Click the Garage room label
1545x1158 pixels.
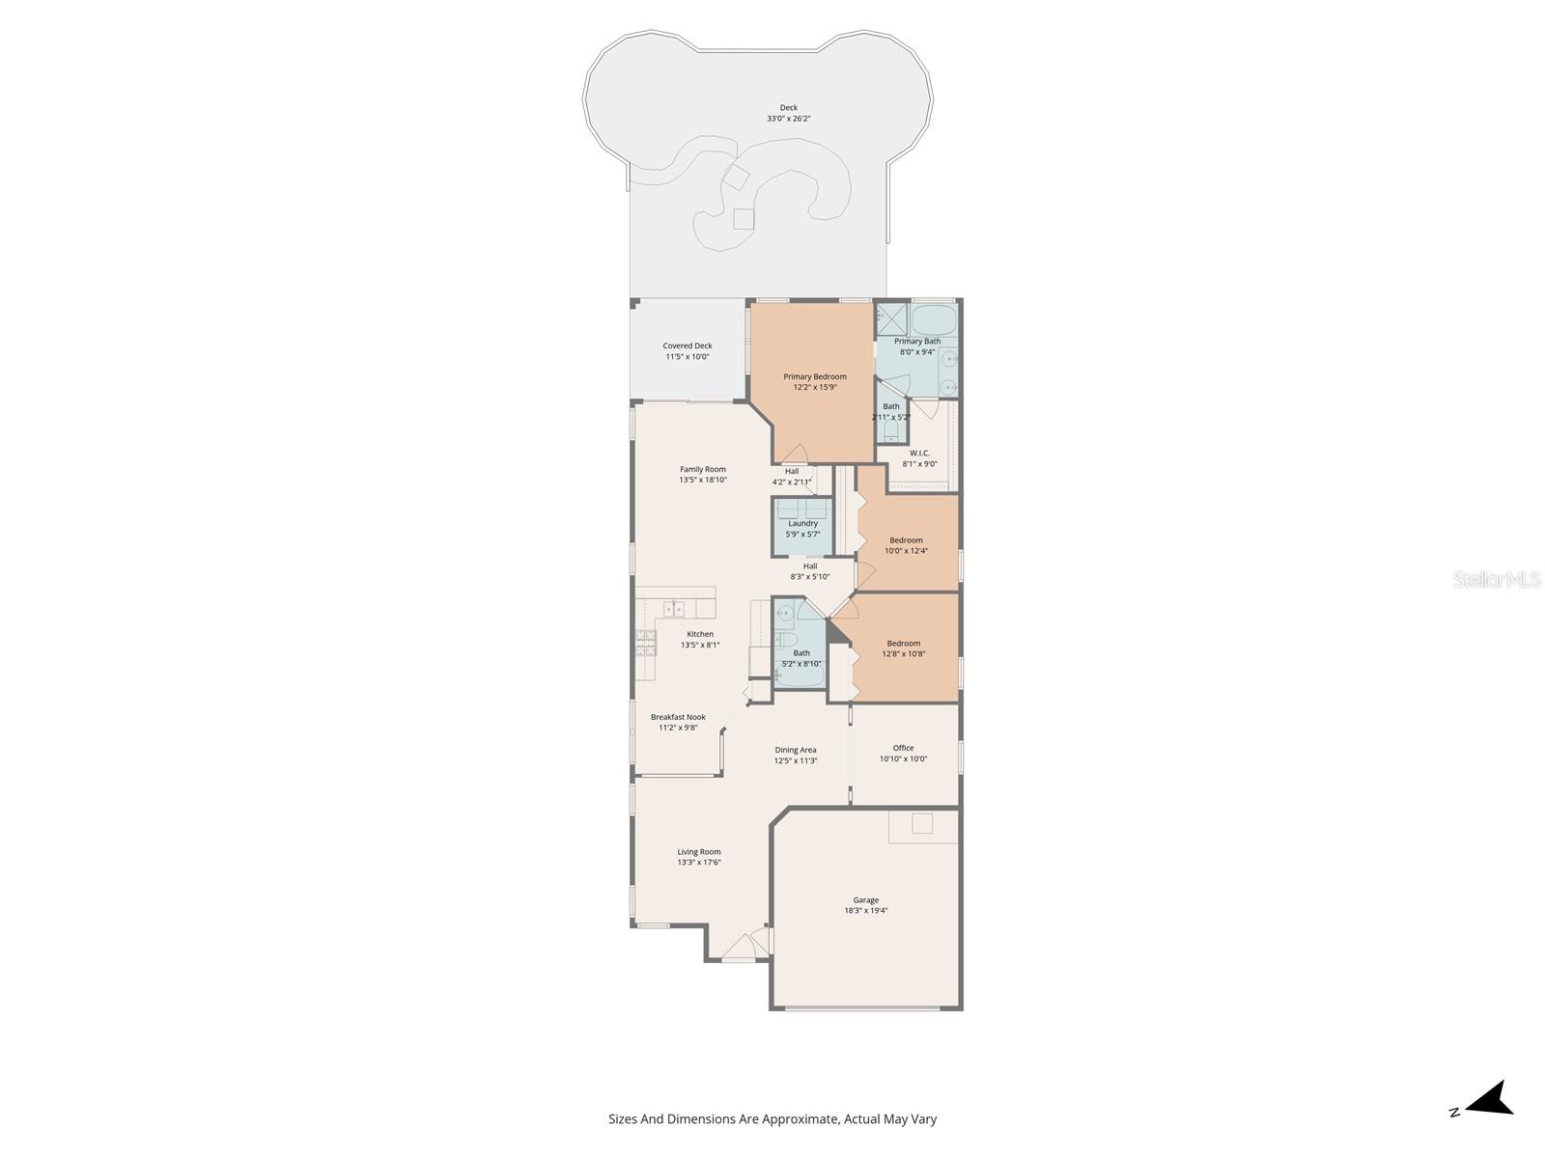pyautogui.click(x=865, y=900)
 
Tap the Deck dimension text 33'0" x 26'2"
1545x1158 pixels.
pyautogui.click(x=788, y=119)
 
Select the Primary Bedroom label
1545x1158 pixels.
pyautogui.click(x=814, y=376)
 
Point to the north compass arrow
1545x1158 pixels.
pyautogui.click(x=1489, y=1099)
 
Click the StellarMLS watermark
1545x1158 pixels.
pyautogui.click(x=1498, y=580)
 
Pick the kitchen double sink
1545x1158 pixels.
pyautogui.click(x=674, y=609)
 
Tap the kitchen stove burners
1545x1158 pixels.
pyautogui.click(x=645, y=643)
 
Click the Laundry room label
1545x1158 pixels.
pyautogui.click(x=802, y=523)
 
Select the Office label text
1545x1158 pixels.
pyautogui.click(x=903, y=748)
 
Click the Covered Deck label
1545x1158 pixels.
pyautogui.click(x=688, y=345)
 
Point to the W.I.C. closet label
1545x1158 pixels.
pyautogui.click(x=919, y=453)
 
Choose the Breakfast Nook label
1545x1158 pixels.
pyautogui.click(x=678, y=717)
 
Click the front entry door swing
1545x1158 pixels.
pyautogui.click(x=740, y=947)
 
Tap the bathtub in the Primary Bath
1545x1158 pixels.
pyautogui.click(x=934, y=317)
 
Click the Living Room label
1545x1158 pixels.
pyautogui.click(x=698, y=852)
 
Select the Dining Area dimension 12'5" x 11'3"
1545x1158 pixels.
pyautogui.click(x=796, y=760)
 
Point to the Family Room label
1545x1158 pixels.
pyautogui.click(x=703, y=469)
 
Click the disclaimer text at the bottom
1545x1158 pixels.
pyautogui.click(x=772, y=1119)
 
